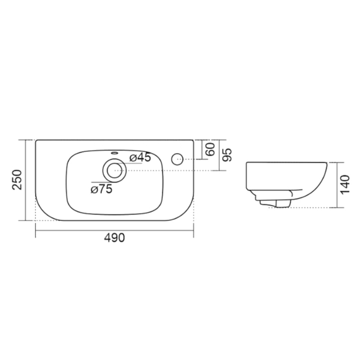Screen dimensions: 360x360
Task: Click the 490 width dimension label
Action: [115, 238]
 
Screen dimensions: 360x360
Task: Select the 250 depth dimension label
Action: [17, 179]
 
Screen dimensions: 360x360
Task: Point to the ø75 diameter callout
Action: [101, 190]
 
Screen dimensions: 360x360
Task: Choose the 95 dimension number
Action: [227, 154]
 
